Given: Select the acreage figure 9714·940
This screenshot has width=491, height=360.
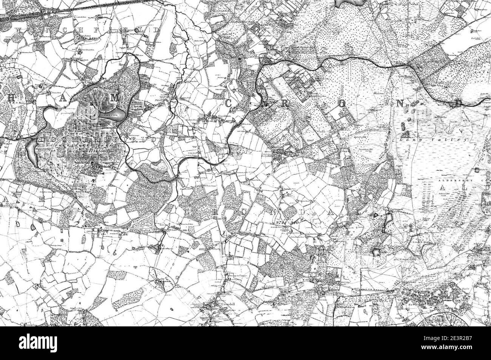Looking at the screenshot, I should click(287, 223).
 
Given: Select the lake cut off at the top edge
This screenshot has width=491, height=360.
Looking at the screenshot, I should click(347, 3).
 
